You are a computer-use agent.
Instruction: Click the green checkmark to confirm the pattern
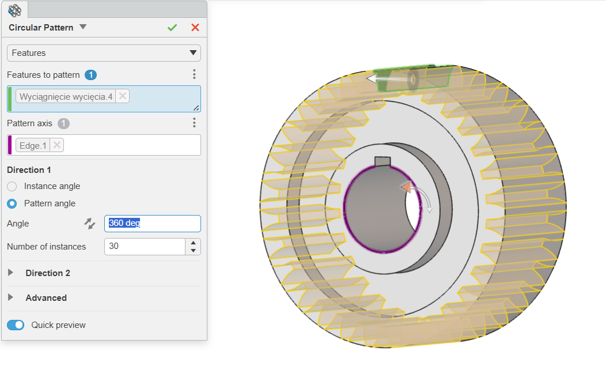[x=172, y=28]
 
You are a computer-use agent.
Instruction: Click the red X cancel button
[x=195, y=28]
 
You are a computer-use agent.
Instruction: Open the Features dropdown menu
[x=104, y=53]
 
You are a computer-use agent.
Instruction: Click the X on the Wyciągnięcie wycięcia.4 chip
[x=123, y=96]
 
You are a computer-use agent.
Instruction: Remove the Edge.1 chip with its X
[x=57, y=145]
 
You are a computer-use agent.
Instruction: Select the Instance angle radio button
[x=12, y=186]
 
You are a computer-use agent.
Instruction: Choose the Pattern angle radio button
[x=12, y=203]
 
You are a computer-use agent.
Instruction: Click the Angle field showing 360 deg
[x=152, y=224]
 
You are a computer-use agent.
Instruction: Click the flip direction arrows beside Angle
[x=90, y=224]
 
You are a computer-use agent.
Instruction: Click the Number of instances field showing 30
[x=145, y=247]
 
